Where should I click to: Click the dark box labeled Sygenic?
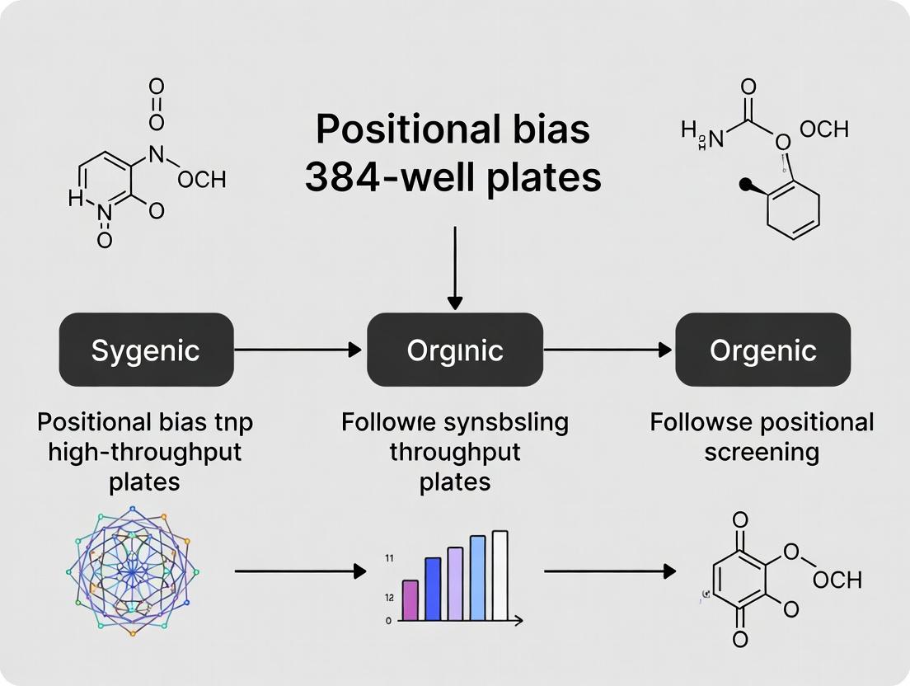click(146, 350)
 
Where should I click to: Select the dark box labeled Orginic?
click(455, 350)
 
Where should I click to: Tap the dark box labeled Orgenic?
click(763, 350)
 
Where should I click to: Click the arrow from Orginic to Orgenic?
click(608, 350)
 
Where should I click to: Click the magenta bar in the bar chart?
click(410, 599)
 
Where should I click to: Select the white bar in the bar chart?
click(500, 575)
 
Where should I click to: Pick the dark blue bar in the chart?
click(433, 589)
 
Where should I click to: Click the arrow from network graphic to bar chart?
click(300, 571)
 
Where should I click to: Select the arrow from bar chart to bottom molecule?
click(610, 571)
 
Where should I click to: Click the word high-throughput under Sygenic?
click(145, 453)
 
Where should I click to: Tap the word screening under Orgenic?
click(762, 453)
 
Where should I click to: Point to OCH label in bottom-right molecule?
click(837, 580)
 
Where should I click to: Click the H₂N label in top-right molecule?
click(702, 135)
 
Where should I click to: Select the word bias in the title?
click(547, 131)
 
